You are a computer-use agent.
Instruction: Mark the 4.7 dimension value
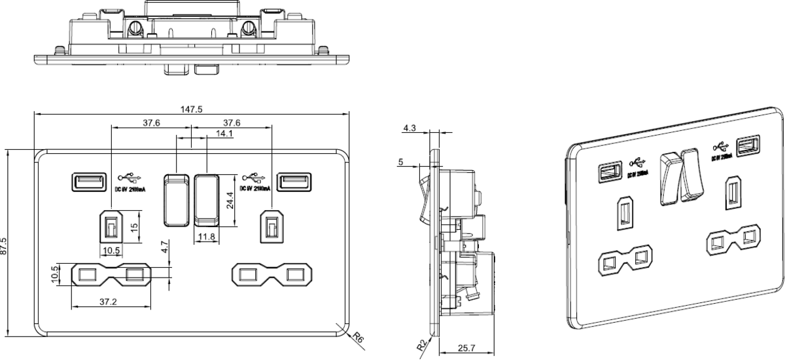165,247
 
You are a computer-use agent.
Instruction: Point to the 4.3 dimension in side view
409,129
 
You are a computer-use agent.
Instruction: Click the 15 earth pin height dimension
134,226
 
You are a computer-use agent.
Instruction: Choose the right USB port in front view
293,181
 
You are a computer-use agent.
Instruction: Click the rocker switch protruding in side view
423,192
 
